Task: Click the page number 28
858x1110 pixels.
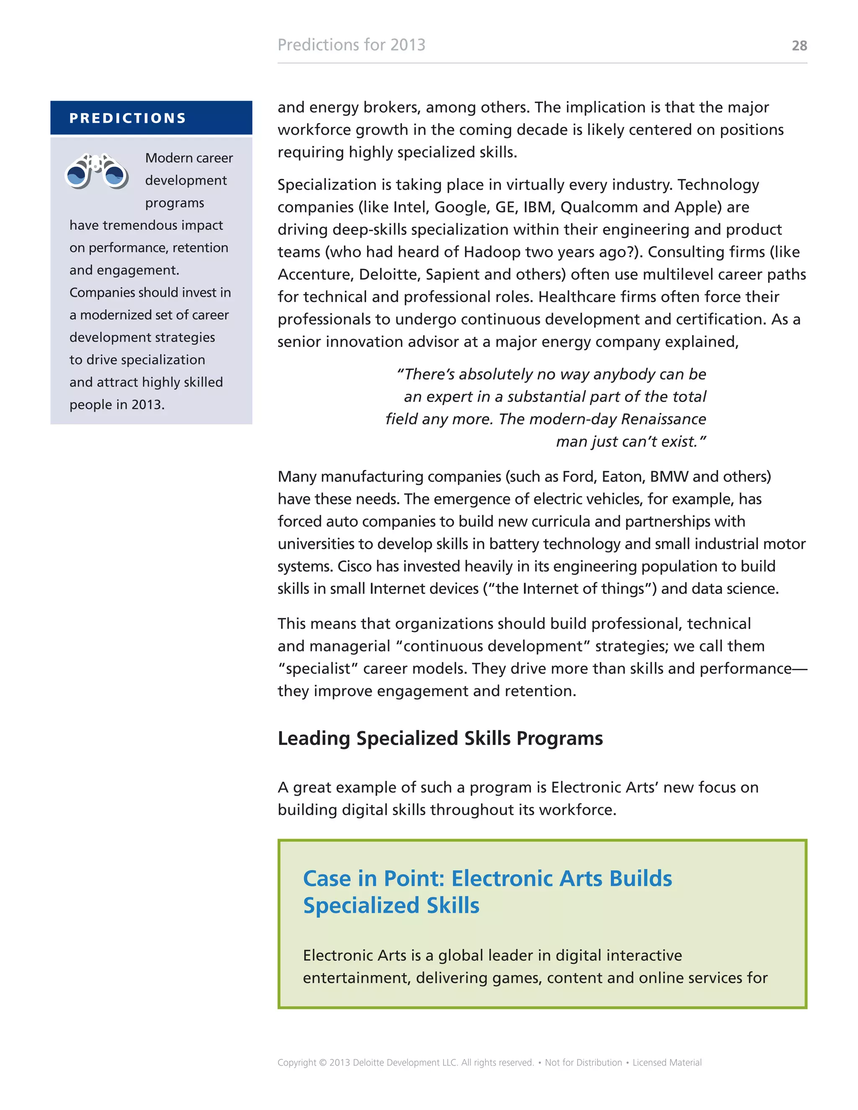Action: tap(799, 46)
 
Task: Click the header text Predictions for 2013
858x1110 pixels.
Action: tap(351, 45)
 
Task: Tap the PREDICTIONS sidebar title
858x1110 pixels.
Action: tap(128, 118)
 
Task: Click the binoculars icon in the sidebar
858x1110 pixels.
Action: tap(97, 171)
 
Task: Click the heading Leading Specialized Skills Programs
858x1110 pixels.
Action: tap(440, 738)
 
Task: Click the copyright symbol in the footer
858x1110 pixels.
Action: tap(323, 1062)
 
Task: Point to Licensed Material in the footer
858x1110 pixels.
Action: tap(667, 1062)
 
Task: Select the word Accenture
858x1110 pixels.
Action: tap(314, 274)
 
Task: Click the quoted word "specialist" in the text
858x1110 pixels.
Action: tap(316, 669)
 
